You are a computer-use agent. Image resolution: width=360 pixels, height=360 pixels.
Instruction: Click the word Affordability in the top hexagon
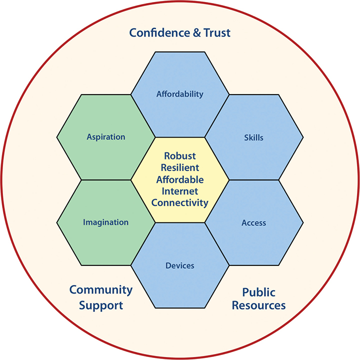coord(180,94)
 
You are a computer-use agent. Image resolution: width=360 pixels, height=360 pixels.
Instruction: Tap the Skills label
coord(254,137)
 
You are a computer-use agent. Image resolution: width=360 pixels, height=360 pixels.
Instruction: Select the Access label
coord(254,222)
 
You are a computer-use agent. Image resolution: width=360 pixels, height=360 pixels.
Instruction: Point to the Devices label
coord(180,265)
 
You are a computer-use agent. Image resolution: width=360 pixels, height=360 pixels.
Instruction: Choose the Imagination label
coord(106,222)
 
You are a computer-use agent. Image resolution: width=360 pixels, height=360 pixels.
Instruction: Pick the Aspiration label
coord(106,137)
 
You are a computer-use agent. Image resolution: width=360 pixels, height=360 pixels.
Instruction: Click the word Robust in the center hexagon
coord(180,156)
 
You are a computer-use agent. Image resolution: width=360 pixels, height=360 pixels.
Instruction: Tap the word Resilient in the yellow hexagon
coord(180,167)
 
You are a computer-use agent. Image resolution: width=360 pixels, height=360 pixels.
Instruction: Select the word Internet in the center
coord(180,191)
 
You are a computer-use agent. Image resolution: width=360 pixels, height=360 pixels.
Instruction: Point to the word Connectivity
coord(180,202)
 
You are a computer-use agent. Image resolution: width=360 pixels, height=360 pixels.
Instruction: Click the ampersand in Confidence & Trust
coord(192,33)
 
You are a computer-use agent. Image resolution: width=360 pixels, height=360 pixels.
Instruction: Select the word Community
coord(101,289)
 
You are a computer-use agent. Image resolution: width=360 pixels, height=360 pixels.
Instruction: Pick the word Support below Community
coord(101,305)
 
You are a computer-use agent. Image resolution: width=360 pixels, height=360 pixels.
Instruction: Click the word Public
coord(259,292)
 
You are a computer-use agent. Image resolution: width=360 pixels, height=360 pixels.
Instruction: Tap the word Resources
coord(259,305)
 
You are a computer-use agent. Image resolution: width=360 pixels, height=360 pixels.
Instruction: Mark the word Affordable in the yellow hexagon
coord(180,179)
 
